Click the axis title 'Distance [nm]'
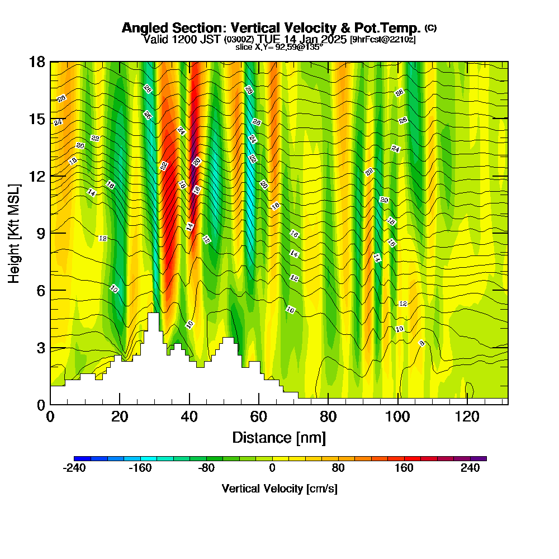[279, 437]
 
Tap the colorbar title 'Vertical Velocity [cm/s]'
[279, 489]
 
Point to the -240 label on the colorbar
[74, 469]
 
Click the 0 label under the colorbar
[272, 469]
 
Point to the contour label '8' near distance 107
[422, 343]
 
